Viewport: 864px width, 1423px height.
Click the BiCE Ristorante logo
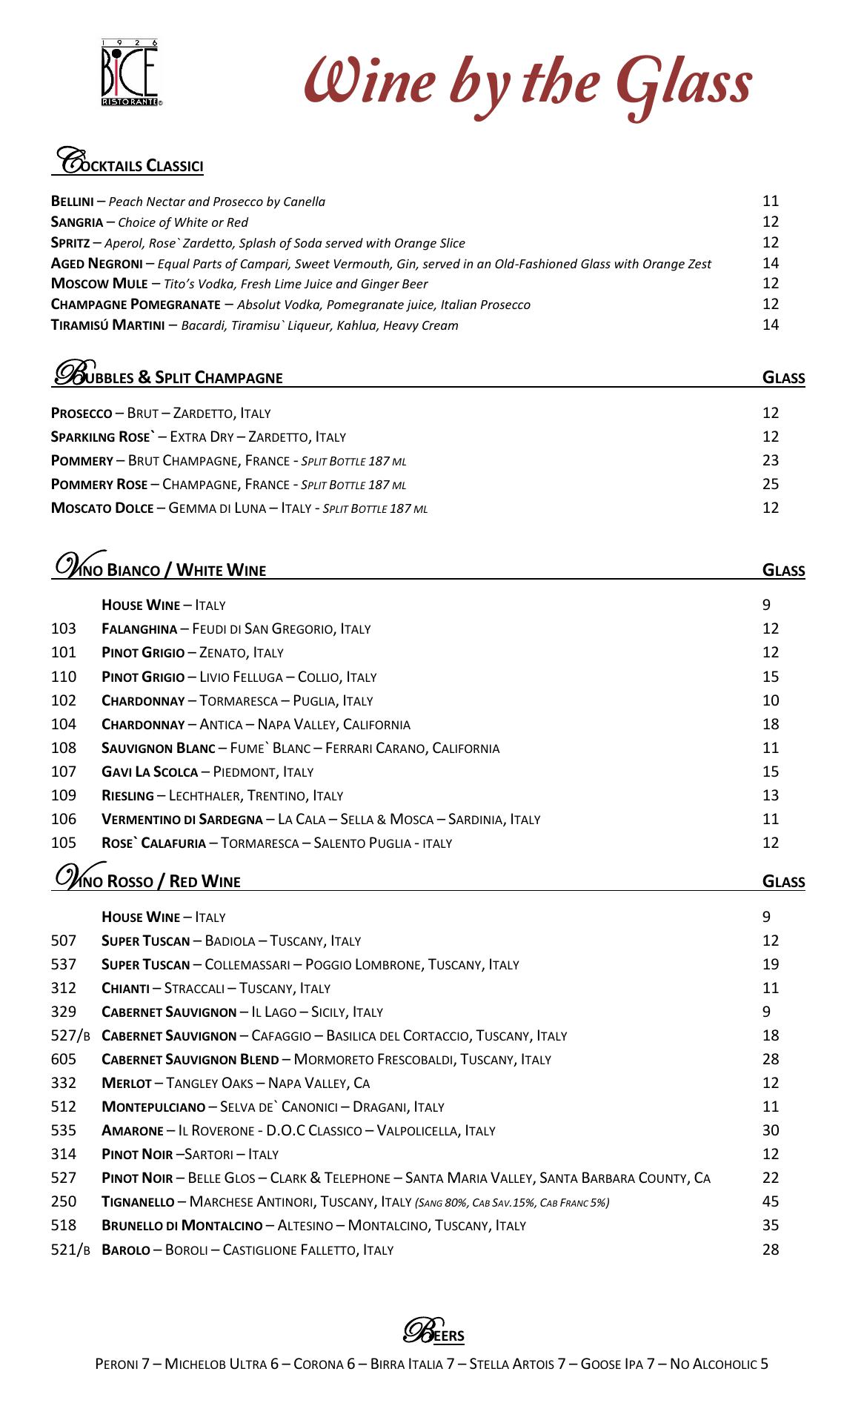[x=130, y=73]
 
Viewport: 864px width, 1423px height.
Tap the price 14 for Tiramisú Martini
[x=771, y=325]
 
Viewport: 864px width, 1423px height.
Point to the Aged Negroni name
[x=96, y=263]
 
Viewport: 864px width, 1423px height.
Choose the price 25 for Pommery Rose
[x=771, y=484]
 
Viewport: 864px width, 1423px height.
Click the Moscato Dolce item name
[x=102, y=508]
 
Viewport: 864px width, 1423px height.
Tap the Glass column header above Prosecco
[x=783, y=378]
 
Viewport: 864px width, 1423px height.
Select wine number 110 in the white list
[x=64, y=677]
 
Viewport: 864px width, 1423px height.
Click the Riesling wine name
[x=127, y=796]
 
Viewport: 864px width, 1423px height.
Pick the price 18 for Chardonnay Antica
[x=771, y=724]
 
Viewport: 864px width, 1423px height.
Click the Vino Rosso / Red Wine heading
[x=148, y=880]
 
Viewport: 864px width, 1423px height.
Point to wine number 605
[x=64, y=1059]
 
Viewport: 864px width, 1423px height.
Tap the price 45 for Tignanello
[x=771, y=1201]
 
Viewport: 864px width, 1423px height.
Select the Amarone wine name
[x=132, y=1131]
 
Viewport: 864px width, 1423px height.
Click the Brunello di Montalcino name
[x=182, y=1226]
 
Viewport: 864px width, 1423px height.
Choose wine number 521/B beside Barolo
[x=70, y=1250]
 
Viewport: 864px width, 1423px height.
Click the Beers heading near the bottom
[x=433, y=1333]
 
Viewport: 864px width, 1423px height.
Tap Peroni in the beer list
[x=117, y=1364]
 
